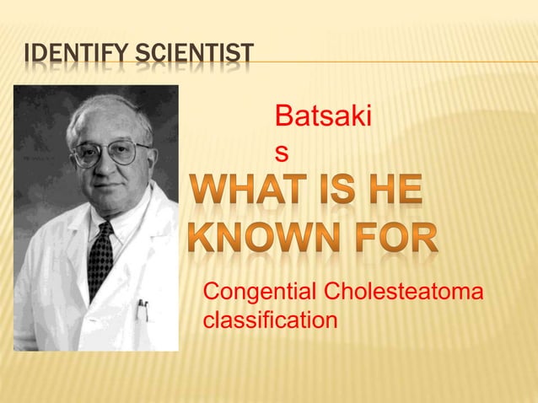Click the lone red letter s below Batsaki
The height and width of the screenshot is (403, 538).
point(282,153)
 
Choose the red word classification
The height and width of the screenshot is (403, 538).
point(270,320)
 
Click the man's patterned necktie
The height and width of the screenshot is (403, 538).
point(100,257)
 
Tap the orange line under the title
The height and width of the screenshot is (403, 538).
point(379,62)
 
